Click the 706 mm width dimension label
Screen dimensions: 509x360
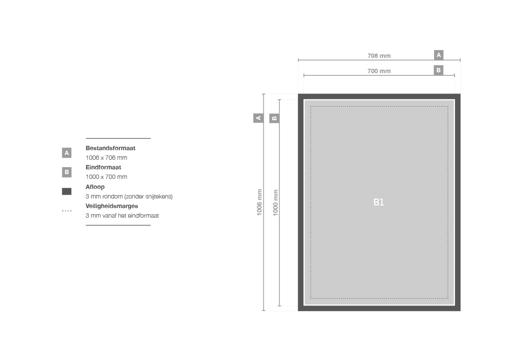(379, 56)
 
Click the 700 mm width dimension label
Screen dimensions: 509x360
(379, 71)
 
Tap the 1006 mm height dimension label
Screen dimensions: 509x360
(259, 202)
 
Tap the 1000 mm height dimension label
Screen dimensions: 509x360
(275, 203)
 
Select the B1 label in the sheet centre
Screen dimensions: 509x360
(378, 202)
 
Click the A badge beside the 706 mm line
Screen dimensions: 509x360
(438, 55)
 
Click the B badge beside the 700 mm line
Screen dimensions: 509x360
(438, 70)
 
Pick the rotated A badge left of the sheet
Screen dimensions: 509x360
(258, 118)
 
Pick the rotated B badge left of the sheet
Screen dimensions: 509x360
(274, 118)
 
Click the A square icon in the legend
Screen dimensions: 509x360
(67, 153)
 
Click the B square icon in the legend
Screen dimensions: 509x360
(67, 172)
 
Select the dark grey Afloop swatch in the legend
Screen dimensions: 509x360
(67, 192)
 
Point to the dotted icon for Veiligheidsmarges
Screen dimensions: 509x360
(67, 211)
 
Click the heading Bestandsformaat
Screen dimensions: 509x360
(110, 148)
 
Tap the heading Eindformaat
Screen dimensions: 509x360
(103, 167)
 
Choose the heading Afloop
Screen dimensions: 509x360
(95, 187)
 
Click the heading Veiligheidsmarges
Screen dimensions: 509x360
(111, 206)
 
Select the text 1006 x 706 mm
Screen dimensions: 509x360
(107, 158)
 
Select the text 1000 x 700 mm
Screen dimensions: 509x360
(107, 177)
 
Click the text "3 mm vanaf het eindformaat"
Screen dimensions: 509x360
(122, 215)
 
